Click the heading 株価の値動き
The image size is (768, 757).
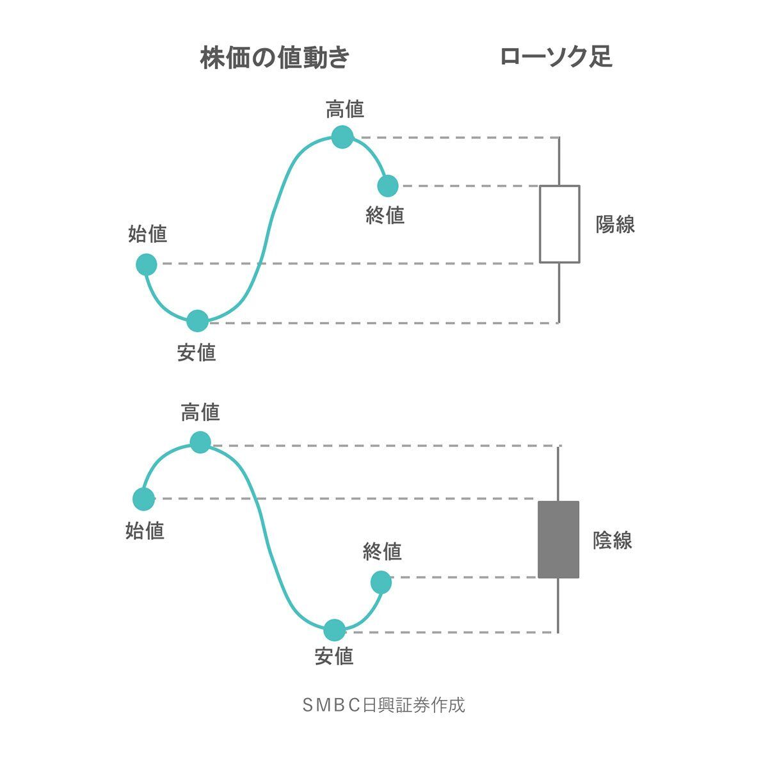point(275,58)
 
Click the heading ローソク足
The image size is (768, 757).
point(556,57)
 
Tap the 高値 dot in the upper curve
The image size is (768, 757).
point(342,136)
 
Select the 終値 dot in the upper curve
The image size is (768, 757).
point(388,186)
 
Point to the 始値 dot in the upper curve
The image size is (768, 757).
point(147,264)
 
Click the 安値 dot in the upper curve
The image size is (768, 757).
point(198,321)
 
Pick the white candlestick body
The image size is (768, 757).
point(559,224)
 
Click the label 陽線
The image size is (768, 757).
point(615,225)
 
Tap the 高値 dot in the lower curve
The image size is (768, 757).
point(200,442)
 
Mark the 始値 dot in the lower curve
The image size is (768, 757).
point(143,499)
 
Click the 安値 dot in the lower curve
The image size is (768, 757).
point(334,630)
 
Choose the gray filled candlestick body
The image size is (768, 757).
point(558,539)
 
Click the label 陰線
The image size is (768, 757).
point(612,541)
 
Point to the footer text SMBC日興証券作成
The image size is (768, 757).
point(383,705)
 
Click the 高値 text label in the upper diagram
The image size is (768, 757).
point(345,110)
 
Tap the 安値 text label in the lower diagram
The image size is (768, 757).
point(334,656)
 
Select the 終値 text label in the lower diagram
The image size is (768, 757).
point(382,551)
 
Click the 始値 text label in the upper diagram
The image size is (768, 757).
point(148,234)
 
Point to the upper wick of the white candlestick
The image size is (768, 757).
point(559,161)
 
